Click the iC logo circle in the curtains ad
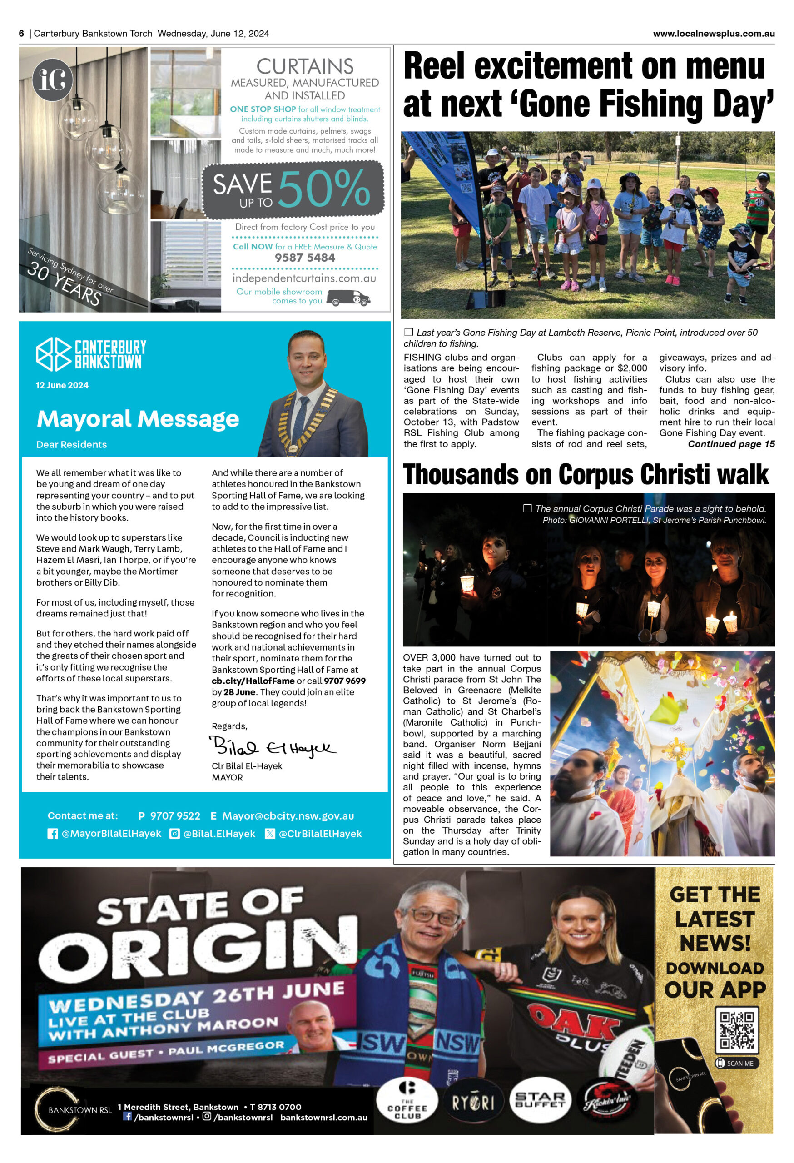click(53, 80)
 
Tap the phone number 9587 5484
click(305, 258)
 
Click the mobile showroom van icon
click(348, 298)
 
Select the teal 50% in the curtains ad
click(324, 189)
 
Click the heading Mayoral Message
click(138, 418)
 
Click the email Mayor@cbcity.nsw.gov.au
click(288, 816)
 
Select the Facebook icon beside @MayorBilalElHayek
click(53, 834)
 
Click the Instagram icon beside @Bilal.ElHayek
click(174, 834)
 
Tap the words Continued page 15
click(731, 444)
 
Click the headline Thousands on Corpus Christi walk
click(586, 474)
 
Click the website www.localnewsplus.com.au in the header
click(714, 34)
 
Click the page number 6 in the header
click(21, 34)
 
